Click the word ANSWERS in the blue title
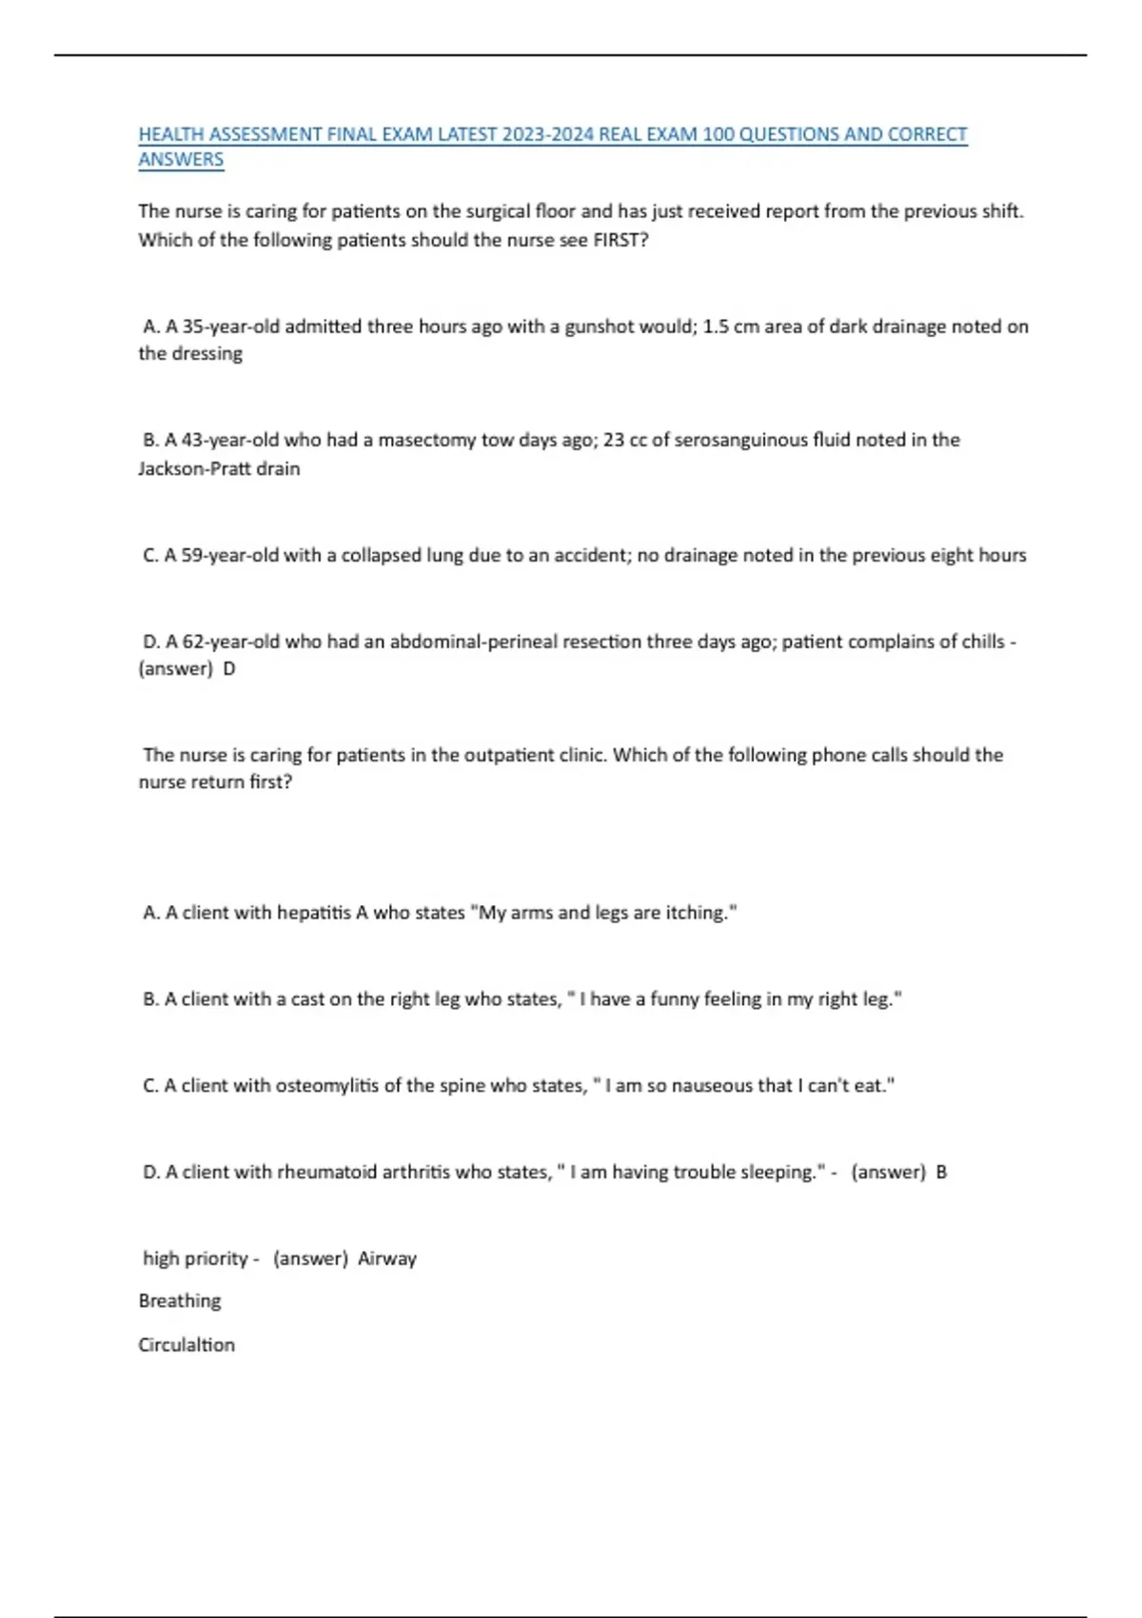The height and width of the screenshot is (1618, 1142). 181,160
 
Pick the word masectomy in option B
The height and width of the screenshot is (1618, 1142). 427,440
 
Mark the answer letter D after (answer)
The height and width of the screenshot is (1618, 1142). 228,668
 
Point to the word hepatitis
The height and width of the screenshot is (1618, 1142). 313,913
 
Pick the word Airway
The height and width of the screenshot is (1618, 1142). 387,1258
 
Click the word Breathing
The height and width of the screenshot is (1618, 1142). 180,1301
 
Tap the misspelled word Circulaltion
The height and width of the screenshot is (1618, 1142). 187,1345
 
